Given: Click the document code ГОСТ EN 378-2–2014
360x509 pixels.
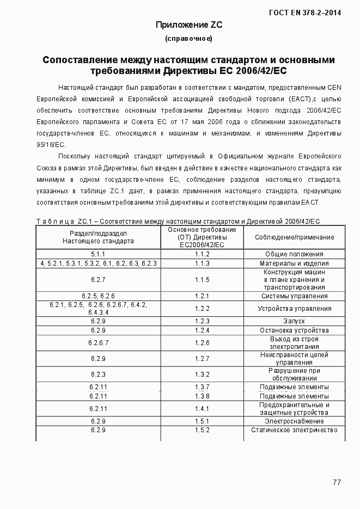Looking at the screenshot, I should click(x=309, y=11).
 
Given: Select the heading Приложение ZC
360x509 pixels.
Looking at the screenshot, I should click(x=189, y=24).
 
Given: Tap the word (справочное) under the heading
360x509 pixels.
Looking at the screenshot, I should click(x=188, y=39).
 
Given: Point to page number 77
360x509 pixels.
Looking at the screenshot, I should click(x=337, y=482).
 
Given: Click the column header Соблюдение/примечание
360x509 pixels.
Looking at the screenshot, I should click(x=295, y=237).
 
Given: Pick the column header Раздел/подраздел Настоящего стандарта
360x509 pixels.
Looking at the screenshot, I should click(x=98, y=237).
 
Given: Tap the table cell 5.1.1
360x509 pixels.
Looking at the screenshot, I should click(x=98, y=254).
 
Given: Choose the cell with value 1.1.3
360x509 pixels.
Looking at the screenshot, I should click(x=202, y=263).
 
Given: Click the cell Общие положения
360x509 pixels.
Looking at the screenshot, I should click(x=294, y=254).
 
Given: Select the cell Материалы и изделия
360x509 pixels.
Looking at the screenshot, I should click(x=294, y=263).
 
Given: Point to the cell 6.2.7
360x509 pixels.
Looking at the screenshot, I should click(x=98, y=280).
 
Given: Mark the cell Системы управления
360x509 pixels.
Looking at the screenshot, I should click(x=294, y=296).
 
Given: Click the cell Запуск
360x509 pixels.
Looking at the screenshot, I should click(x=294, y=321).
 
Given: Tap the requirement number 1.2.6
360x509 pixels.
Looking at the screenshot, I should click(x=202, y=343).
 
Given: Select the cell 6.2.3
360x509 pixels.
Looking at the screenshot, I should click(x=98, y=375).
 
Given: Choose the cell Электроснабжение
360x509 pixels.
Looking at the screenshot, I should click(x=294, y=421).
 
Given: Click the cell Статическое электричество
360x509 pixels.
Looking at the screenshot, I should click(x=294, y=430).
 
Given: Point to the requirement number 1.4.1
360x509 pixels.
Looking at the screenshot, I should click(x=202, y=409).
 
